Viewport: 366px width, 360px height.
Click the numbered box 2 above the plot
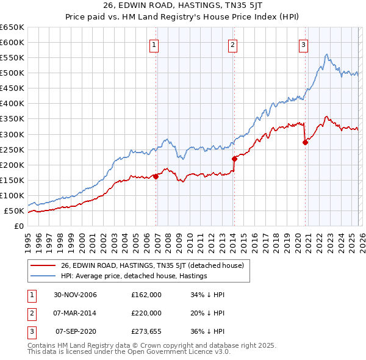(x=232, y=44)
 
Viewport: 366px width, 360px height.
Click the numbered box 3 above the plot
(x=303, y=44)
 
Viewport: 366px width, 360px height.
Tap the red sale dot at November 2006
(x=156, y=176)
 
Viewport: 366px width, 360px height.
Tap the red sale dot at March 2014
(x=234, y=159)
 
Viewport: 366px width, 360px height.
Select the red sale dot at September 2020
(x=305, y=142)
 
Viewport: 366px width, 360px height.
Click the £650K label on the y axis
(x=12, y=27)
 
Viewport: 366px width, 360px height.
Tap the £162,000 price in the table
(x=146, y=295)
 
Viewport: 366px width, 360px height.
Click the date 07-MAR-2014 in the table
(x=75, y=313)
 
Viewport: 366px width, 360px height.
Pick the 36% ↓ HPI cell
(x=208, y=331)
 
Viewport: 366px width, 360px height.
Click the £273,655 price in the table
(x=146, y=331)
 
